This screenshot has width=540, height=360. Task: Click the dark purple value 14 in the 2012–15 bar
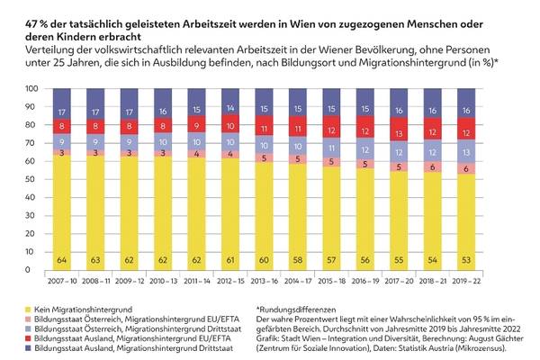tap(231, 107)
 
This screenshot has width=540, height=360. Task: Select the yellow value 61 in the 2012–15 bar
tap(231, 259)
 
